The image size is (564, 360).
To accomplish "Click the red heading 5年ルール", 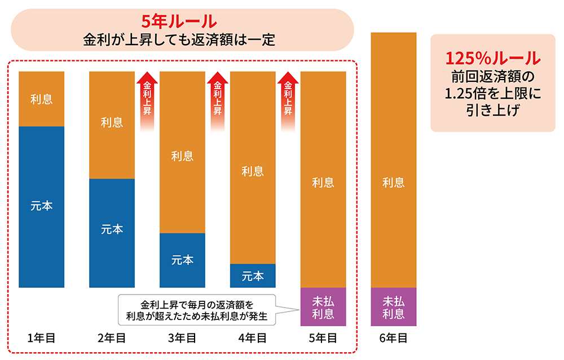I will coord(179,22).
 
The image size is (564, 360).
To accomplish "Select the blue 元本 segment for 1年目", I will coord(41,207).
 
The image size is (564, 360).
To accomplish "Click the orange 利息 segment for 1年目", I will coord(41,99).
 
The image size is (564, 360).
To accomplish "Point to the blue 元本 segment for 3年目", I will coord(182,260).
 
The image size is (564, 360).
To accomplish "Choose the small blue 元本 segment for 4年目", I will coord(253,276).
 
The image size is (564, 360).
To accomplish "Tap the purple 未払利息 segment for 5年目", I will coord(323,307).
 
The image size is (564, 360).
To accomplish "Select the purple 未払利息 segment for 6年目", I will coord(394,307).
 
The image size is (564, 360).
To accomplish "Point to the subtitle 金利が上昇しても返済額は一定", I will coord(179,41).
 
